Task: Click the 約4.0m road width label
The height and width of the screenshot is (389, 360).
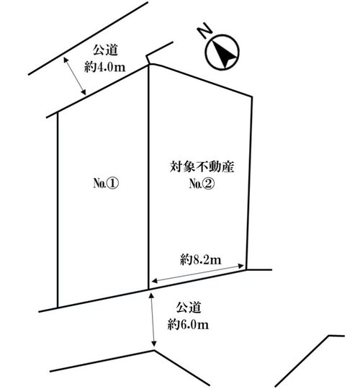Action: tap(105, 67)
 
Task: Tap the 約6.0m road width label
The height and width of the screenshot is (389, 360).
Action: tap(188, 324)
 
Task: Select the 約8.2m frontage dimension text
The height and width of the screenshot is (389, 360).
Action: tap(201, 260)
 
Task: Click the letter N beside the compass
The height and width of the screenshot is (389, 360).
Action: tap(204, 30)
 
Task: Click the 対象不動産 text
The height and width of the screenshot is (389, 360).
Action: tap(202, 167)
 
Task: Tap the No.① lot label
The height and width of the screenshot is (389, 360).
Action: tap(106, 184)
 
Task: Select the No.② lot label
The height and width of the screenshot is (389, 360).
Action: tap(202, 184)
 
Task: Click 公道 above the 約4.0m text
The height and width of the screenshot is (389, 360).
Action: tap(105, 50)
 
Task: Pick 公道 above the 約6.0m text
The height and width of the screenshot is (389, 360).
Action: tap(189, 308)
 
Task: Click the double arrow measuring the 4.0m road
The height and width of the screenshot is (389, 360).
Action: tap(75, 76)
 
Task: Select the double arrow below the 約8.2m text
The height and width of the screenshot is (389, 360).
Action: tap(197, 274)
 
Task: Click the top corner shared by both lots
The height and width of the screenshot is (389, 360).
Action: tap(149, 65)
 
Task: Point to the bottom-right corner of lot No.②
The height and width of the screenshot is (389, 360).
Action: tap(246, 269)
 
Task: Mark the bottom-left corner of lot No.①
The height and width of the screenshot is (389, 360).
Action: tap(58, 308)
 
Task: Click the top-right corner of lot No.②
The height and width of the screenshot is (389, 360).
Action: tap(252, 97)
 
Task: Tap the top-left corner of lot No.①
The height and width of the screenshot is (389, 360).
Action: tap(58, 112)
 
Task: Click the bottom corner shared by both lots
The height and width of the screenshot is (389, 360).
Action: tap(148, 290)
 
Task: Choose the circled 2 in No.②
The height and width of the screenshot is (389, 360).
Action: tap(208, 184)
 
